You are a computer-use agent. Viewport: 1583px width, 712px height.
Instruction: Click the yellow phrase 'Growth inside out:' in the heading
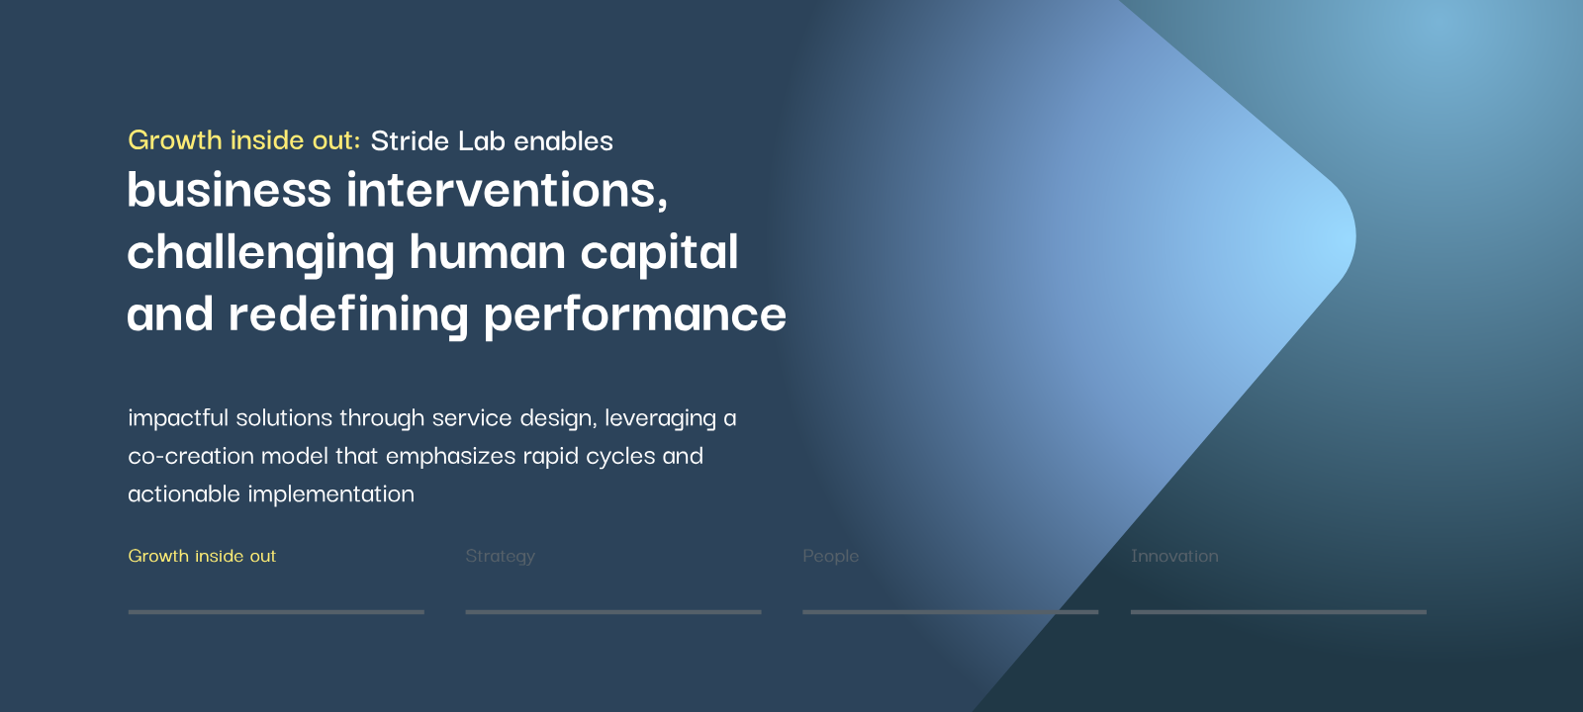pyautogui.click(x=243, y=140)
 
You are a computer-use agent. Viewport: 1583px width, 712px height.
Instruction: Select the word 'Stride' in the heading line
pyautogui.click(x=410, y=141)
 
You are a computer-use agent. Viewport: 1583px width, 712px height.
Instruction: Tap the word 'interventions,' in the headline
pyautogui.click(x=507, y=189)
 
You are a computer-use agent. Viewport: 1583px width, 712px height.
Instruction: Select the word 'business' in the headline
pyautogui.click(x=229, y=189)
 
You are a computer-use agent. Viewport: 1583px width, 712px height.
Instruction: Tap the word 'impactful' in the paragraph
pyautogui.click(x=178, y=418)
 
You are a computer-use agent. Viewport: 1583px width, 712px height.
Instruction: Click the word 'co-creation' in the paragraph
pyautogui.click(x=191, y=456)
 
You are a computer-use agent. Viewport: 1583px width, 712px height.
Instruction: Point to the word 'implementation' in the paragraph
pyautogui.click(x=330, y=493)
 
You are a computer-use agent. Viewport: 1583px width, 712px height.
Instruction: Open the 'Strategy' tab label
pyautogui.click(x=501, y=557)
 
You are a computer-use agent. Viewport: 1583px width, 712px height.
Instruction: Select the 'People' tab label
pyautogui.click(x=830, y=556)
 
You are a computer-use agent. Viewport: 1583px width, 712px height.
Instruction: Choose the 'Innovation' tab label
pyautogui.click(x=1174, y=556)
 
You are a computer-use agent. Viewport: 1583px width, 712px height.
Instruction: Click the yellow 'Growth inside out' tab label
pyautogui.click(x=202, y=556)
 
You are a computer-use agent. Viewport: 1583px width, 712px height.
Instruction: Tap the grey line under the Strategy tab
pyautogui.click(x=613, y=612)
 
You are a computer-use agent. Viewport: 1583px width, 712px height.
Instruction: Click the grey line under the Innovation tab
pyautogui.click(x=1278, y=612)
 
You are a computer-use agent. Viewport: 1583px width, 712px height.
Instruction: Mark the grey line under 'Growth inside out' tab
pyautogui.click(x=276, y=612)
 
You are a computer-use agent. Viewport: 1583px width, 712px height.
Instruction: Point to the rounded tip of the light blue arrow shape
pyautogui.click(x=1354, y=237)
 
